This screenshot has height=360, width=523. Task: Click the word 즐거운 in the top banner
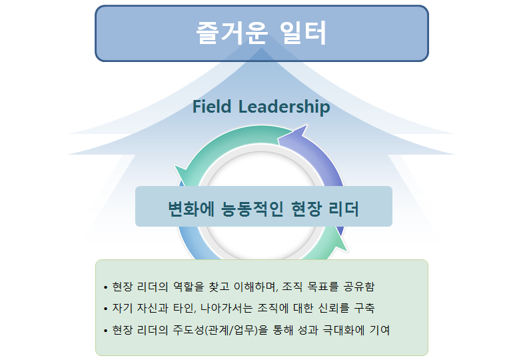tap(232, 33)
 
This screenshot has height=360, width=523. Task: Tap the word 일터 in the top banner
tap(303, 33)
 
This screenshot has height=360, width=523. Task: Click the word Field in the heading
tap(212, 107)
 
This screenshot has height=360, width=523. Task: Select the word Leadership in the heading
tap(284, 107)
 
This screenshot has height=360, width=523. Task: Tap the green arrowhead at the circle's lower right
tap(340, 243)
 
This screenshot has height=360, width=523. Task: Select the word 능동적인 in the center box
tap(253, 209)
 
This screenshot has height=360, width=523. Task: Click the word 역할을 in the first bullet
tap(189, 287)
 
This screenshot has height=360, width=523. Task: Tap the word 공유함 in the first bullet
tap(359, 287)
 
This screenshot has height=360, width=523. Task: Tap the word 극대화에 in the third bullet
tap(343, 330)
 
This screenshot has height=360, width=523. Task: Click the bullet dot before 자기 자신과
tap(106, 309)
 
